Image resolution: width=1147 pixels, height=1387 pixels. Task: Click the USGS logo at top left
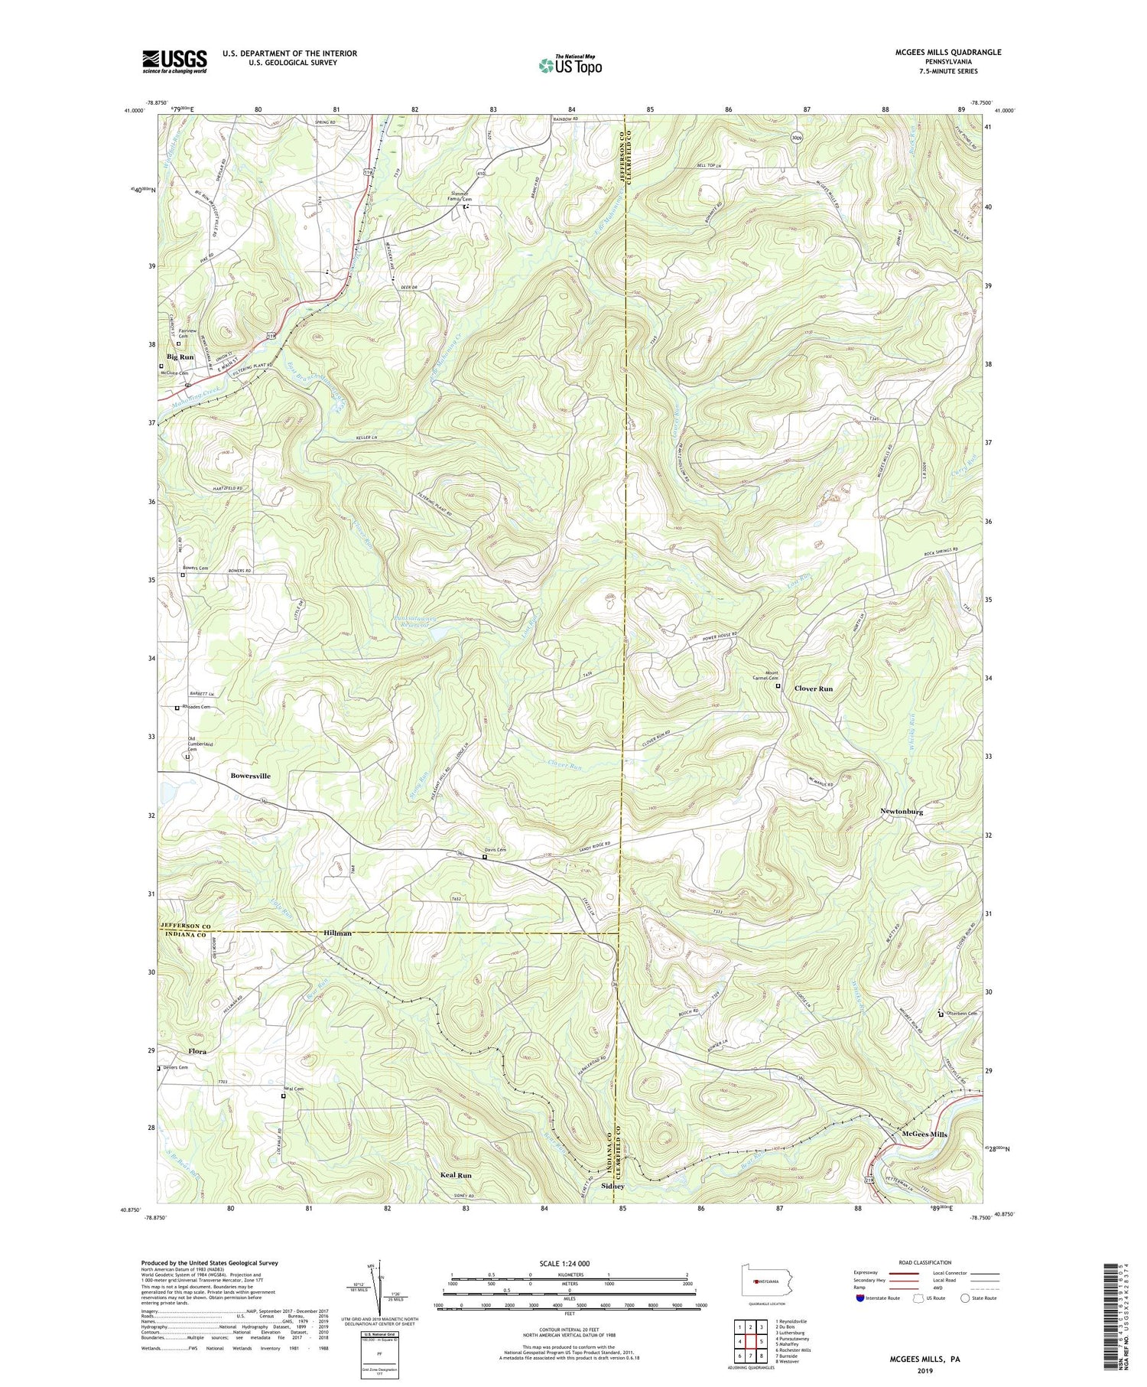[x=174, y=60]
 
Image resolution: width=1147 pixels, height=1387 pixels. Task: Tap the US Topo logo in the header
[x=570, y=65]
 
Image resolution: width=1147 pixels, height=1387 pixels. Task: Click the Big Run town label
[x=180, y=357]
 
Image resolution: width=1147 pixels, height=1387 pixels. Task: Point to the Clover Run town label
[x=813, y=689]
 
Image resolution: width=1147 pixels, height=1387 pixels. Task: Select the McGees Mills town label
[x=924, y=1134]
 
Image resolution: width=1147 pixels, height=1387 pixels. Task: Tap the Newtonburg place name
[x=902, y=812]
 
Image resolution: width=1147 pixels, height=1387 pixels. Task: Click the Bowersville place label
[x=250, y=776]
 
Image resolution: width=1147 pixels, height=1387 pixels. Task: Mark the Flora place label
[x=197, y=1051]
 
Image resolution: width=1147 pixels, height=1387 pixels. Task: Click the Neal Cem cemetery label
[x=294, y=1089]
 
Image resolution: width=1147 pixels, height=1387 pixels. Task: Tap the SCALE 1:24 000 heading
[x=568, y=1263]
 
